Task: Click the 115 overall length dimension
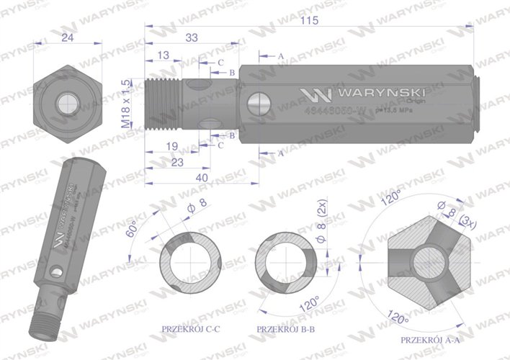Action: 309,21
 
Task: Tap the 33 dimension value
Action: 192,37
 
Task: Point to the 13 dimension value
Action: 163,55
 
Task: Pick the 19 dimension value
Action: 171,147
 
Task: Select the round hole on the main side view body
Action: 256,106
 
